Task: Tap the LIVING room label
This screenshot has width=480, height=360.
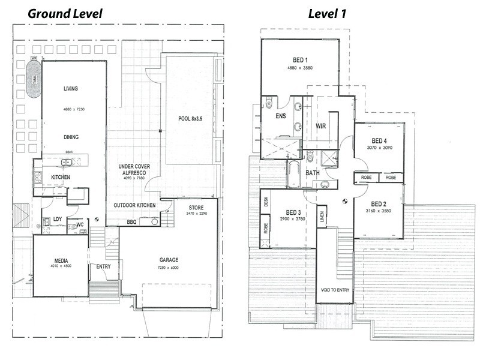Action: (71, 89)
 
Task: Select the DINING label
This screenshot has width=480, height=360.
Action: (71, 137)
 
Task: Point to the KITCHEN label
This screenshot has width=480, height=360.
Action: (61, 177)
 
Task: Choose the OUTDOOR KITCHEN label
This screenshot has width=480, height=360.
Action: (135, 205)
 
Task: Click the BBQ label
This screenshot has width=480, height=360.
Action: (131, 222)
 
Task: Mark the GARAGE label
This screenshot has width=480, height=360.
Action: (169, 260)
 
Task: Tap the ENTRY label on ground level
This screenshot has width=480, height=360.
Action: (103, 266)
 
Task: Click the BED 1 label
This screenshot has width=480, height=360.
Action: (301, 59)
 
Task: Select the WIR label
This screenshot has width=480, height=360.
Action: (320, 127)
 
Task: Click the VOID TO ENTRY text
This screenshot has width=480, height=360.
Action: (334, 290)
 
